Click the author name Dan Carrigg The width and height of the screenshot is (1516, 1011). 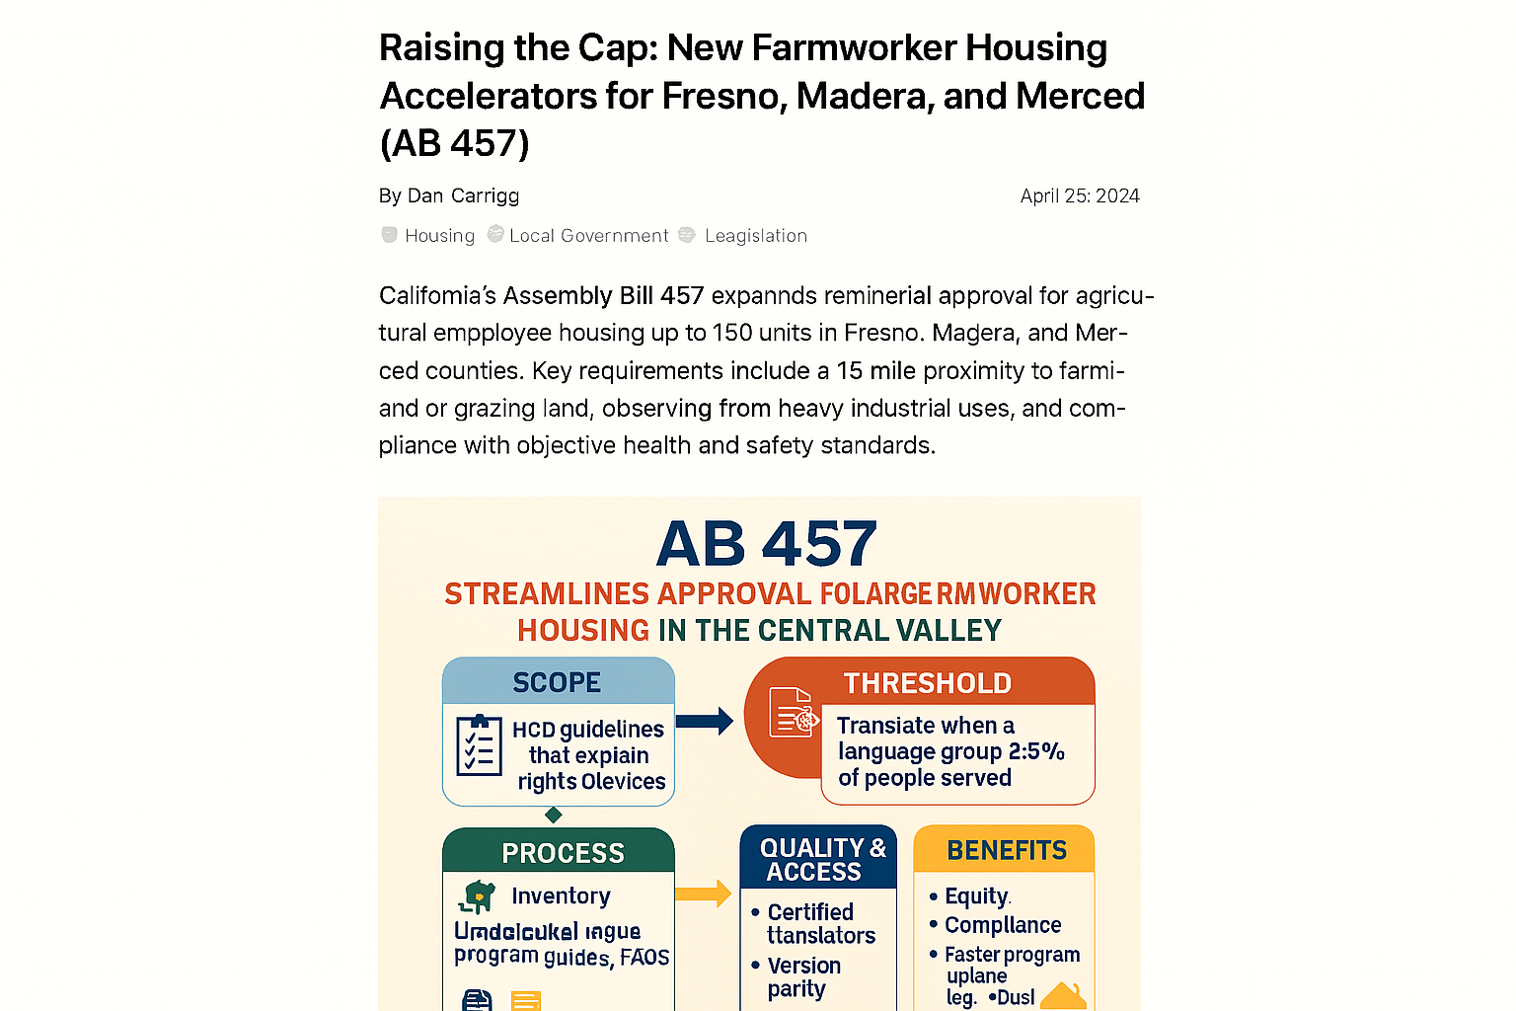[x=463, y=195]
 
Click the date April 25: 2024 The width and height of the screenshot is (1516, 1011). [x=1079, y=195]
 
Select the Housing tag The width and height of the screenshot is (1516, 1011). [x=439, y=236]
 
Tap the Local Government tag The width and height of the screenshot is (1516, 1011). [x=588, y=236]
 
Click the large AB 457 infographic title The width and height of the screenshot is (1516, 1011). [x=766, y=544]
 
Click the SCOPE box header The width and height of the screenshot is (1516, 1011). [x=558, y=682]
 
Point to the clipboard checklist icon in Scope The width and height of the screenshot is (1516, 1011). [x=480, y=744]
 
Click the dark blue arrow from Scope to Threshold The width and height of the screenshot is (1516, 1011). [x=705, y=721]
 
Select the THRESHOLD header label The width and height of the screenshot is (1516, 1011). [x=927, y=683]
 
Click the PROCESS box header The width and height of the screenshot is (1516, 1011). [x=563, y=853]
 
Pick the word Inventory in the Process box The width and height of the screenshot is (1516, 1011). [x=561, y=896]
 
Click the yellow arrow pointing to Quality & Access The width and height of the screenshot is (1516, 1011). [x=703, y=894]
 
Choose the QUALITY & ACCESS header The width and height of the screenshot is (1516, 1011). [x=821, y=860]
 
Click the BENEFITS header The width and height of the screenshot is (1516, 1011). [x=1006, y=851]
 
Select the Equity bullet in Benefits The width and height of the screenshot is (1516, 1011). [x=976, y=896]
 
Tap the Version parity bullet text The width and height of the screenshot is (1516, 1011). [x=802, y=977]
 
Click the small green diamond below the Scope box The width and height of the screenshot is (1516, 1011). [x=554, y=815]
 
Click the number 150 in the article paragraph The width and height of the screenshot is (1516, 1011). [x=733, y=333]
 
